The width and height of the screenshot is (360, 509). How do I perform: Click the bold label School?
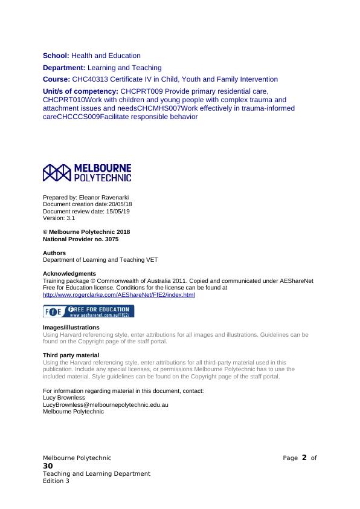[56, 56]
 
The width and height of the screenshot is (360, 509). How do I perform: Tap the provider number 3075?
[111, 239]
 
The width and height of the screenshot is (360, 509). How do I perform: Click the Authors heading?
[54, 253]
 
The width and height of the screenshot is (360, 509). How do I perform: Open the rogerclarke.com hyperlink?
[119, 295]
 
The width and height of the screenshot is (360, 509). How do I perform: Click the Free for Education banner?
[88, 311]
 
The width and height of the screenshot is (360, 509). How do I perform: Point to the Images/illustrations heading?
[71, 328]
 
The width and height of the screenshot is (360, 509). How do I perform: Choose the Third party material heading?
[71, 355]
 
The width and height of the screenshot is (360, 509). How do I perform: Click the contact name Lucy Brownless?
[64, 398]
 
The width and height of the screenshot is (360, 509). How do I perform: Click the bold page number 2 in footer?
[304, 458]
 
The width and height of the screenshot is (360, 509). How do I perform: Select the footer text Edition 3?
[56, 481]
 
